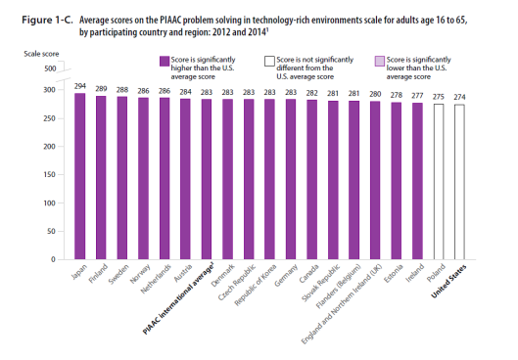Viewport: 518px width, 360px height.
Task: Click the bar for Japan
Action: (80, 176)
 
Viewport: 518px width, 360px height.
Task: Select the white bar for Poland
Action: (439, 182)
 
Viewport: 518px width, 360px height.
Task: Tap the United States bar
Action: (459, 182)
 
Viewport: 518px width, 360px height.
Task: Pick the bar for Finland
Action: (101, 177)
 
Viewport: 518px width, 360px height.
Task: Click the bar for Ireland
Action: (417, 181)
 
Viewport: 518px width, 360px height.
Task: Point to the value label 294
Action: (80, 86)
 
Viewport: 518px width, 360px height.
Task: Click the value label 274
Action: (459, 97)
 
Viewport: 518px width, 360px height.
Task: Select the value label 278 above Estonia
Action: (397, 95)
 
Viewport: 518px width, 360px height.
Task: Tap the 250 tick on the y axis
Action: (49, 118)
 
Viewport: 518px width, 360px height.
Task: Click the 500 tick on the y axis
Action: (50, 68)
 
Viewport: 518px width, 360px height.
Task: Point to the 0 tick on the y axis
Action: (53, 259)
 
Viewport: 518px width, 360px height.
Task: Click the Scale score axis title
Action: (41, 54)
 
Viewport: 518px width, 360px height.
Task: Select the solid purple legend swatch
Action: (165, 61)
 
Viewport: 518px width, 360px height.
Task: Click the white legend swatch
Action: (269, 61)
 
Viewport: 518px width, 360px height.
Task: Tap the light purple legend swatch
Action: (380, 61)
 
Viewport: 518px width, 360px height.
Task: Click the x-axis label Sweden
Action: (118, 274)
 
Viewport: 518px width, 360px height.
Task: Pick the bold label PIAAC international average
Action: (178, 298)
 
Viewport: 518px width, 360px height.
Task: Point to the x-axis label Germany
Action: (286, 275)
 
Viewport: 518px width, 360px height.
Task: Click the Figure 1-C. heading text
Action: (47, 21)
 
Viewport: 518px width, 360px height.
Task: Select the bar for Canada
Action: (311, 179)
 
